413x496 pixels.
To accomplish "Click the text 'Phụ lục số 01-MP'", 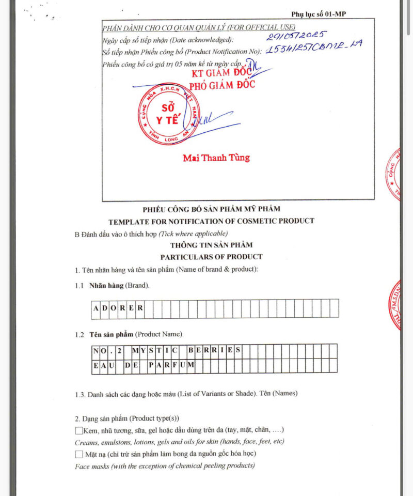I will (319, 14).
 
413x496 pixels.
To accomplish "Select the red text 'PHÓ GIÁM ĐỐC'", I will (222, 85).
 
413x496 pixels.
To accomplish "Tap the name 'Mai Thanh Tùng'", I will (216, 158).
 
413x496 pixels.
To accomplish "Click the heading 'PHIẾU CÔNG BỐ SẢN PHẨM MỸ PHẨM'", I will (211, 209).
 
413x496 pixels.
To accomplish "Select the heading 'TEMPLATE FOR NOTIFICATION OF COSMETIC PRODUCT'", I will (211, 221).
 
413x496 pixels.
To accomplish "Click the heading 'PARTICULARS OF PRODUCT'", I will (211, 257).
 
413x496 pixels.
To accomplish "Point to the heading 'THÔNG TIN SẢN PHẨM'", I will (211, 245).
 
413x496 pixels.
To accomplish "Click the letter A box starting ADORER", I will (97, 308).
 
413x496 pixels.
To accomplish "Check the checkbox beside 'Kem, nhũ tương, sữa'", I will (79, 430).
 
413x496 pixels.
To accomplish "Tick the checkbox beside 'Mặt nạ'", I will (79, 454).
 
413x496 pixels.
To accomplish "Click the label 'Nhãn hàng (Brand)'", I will (119, 286).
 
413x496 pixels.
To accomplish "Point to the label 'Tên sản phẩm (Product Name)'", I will (136, 335).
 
